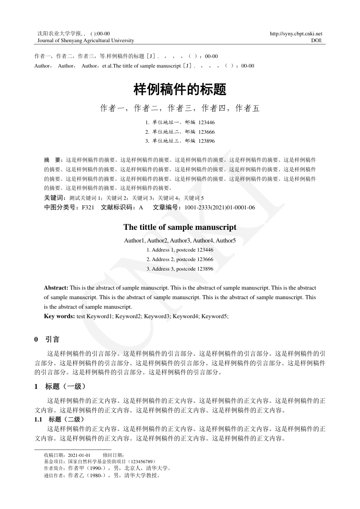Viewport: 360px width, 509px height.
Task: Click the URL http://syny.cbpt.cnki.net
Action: click(x=296, y=34)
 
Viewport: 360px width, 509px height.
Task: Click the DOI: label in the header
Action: click(x=316, y=40)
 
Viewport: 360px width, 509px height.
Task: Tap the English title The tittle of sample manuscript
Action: click(x=180, y=227)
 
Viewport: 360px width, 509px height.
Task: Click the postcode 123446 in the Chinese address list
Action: click(x=206, y=122)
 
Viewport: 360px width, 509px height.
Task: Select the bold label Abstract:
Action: click(x=56, y=288)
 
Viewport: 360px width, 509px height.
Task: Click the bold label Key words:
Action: click(x=59, y=316)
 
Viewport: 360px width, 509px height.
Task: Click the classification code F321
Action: click(x=88, y=208)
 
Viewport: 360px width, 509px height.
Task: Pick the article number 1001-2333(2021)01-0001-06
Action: click(x=219, y=208)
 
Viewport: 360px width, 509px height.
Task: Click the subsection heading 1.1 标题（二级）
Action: click(x=59, y=419)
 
